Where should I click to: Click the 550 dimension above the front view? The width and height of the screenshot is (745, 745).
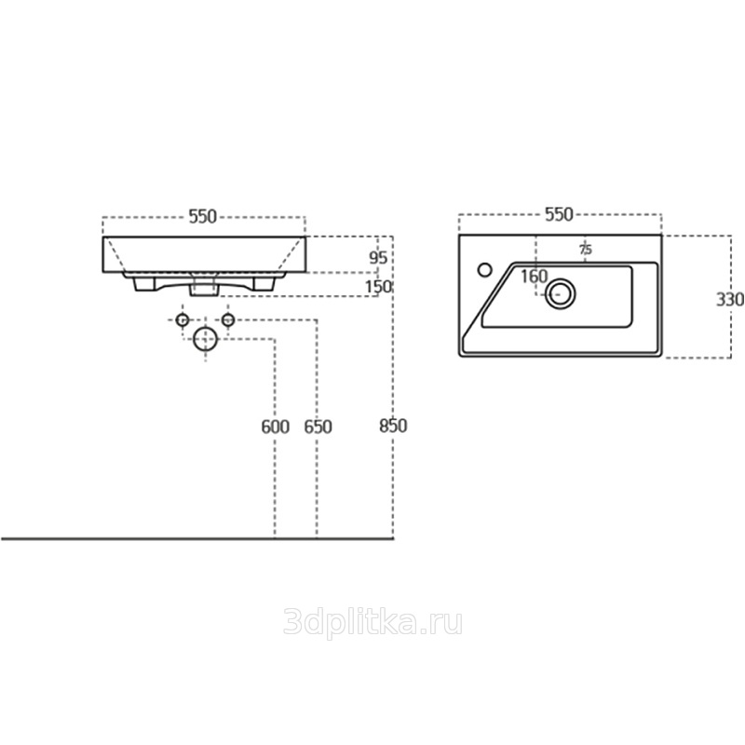[x=203, y=217]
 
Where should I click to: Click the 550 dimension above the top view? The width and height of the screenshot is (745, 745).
[x=560, y=215]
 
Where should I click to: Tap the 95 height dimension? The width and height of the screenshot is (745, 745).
[x=379, y=258]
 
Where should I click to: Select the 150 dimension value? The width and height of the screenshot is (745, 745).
[x=379, y=287]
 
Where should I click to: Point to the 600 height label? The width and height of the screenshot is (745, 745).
[x=275, y=427]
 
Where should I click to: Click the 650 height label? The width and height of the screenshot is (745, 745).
[x=318, y=427]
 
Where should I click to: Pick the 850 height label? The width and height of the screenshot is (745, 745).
[x=393, y=426]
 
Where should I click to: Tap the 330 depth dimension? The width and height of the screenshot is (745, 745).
[x=730, y=300]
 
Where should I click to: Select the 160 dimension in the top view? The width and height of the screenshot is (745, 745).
[x=534, y=277]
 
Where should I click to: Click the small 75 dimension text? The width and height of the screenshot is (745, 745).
[x=586, y=250]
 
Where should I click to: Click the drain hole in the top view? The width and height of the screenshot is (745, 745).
[x=561, y=294]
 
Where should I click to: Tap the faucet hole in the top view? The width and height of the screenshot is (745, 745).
[x=485, y=270]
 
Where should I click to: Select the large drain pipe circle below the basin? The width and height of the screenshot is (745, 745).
[x=205, y=339]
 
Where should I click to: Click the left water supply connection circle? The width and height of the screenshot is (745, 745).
[x=183, y=320]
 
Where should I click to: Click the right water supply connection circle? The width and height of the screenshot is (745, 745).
[x=228, y=320]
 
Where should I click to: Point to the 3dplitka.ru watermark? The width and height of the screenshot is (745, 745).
[x=373, y=623]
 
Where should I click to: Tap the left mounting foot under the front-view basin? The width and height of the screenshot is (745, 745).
[x=144, y=284]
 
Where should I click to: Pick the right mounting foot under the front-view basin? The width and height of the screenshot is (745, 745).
[x=264, y=284]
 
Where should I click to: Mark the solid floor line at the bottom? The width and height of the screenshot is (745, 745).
[x=197, y=539]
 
